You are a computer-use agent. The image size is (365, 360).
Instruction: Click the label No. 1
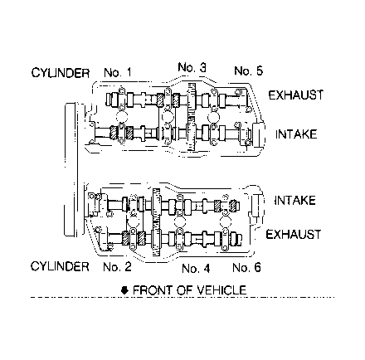click(118, 73)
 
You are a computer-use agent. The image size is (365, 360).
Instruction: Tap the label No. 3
click(192, 67)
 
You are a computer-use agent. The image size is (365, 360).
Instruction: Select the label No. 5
click(248, 71)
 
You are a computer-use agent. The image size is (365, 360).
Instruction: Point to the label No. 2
click(117, 267)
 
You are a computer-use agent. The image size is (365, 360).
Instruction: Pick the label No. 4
click(196, 269)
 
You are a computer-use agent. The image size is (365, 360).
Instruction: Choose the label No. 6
click(246, 268)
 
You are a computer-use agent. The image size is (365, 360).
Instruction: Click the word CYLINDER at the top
click(61, 73)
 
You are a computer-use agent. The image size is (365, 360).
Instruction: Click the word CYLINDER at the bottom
click(60, 266)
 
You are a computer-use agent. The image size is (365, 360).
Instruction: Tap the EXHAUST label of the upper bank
click(296, 95)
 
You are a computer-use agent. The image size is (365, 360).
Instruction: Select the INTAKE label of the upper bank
click(296, 134)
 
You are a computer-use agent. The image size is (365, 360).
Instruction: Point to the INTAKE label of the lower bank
click(294, 201)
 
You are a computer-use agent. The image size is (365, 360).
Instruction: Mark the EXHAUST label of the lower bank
click(294, 235)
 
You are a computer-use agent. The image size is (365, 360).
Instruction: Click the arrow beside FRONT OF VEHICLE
click(125, 290)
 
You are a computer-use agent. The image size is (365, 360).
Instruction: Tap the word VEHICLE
click(221, 290)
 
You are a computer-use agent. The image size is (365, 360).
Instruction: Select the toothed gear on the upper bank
click(192, 117)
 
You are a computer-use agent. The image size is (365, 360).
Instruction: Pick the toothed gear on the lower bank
click(157, 222)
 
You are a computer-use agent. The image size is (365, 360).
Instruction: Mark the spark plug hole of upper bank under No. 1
click(122, 116)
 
